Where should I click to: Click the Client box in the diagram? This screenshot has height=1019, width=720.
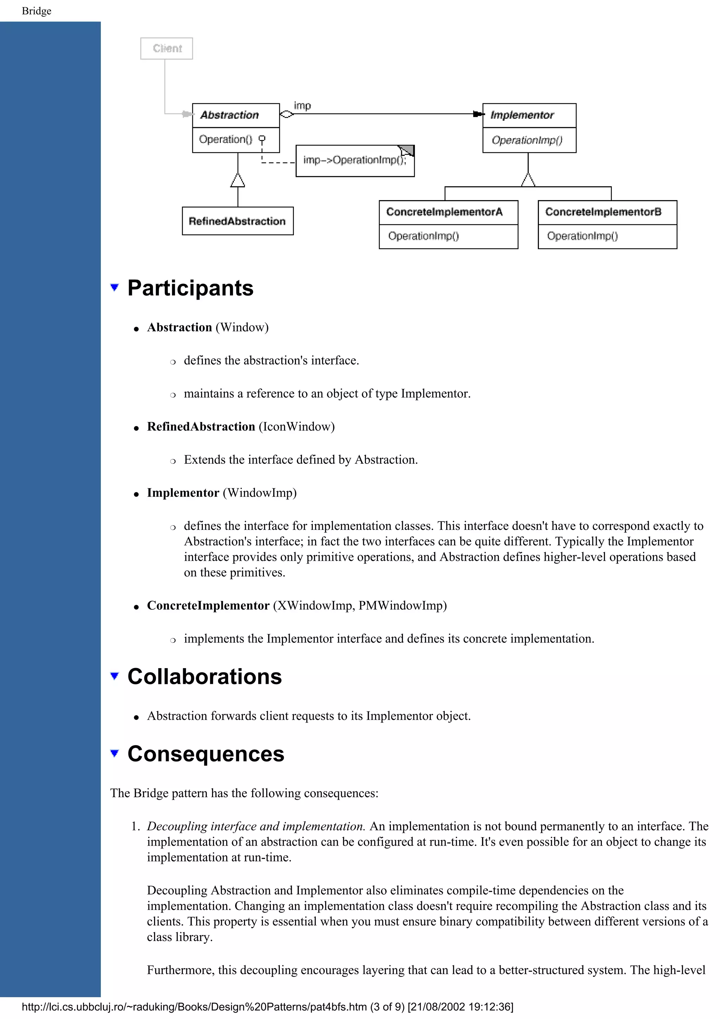point(166,49)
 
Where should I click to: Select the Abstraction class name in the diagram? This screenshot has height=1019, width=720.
point(229,115)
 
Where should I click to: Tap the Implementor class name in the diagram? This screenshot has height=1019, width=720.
point(522,115)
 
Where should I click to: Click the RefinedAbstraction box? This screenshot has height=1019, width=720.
point(237,221)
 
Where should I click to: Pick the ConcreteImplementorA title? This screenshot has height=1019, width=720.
point(444,212)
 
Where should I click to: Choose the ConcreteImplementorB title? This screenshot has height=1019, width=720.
point(603,212)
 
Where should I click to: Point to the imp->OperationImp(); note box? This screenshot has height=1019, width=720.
point(355,161)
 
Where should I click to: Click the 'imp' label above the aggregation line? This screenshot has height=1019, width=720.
point(303,105)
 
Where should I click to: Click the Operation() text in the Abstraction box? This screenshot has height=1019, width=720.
point(225,139)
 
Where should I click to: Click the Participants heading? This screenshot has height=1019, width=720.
point(190,288)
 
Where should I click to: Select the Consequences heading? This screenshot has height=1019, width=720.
point(206,754)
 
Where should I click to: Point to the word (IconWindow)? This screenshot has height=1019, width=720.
point(296,427)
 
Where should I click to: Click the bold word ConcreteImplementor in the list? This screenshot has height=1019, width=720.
point(208,605)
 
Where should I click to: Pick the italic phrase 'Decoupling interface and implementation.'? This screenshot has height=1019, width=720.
point(256,826)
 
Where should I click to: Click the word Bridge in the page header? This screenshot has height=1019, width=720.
point(36,11)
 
